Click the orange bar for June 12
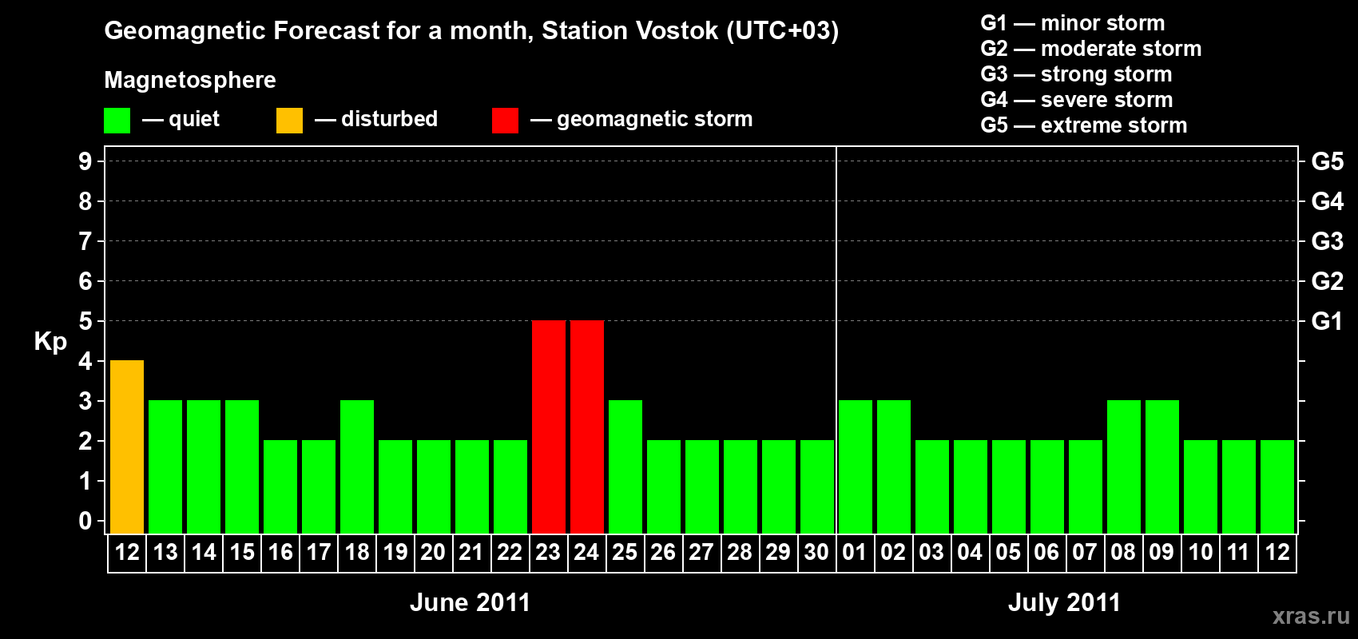[x=127, y=447]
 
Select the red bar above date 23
[x=549, y=427]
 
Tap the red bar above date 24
[x=587, y=427]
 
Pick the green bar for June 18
[x=357, y=466]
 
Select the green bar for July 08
[x=1124, y=466]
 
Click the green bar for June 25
[x=625, y=466]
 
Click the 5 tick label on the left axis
[x=85, y=321]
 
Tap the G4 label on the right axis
[x=1327, y=201]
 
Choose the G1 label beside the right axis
[x=1327, y=321]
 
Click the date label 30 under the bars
[x=816, y=552]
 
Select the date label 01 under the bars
[x=855, y=552]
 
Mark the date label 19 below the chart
[x=395, y=552]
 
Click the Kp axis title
[x=50, y=342]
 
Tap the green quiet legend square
[x=117, y=120]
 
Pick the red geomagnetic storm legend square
[x=506, y=120]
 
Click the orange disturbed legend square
[x=290, y=120]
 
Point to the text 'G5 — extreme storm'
[x=1084, y=125]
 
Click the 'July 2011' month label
[x=1064, y=602]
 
